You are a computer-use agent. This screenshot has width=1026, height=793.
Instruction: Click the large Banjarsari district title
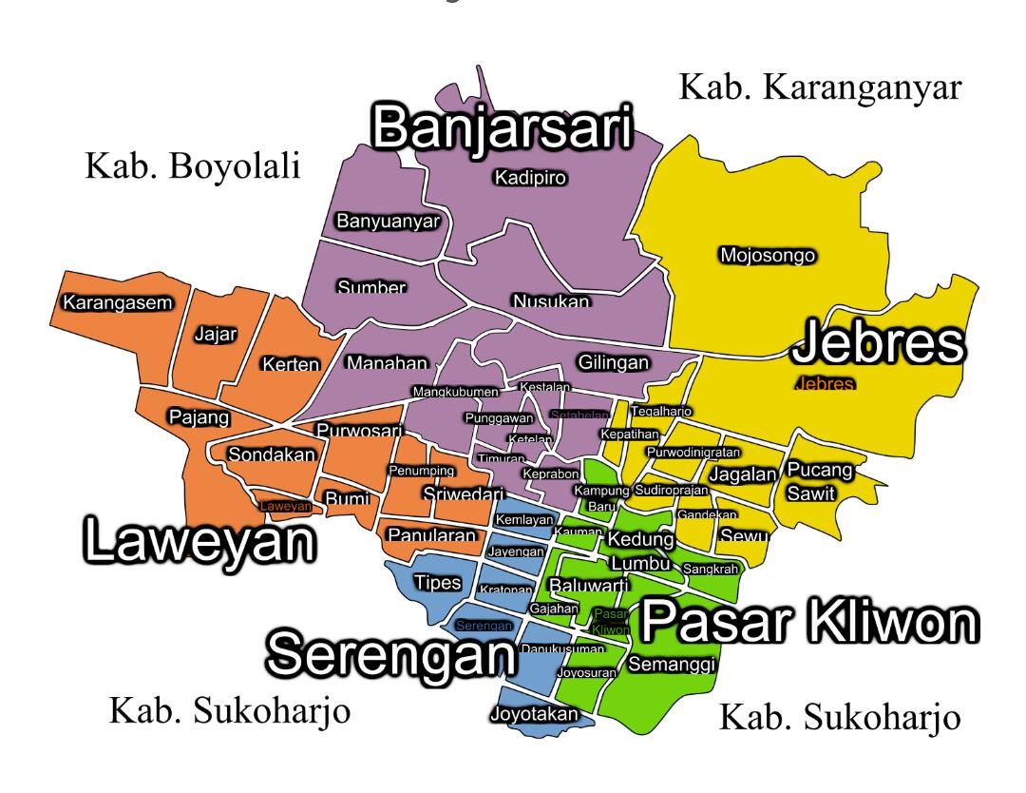tap(501, 130)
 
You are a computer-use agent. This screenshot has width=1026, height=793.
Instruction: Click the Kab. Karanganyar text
tap(821, 87)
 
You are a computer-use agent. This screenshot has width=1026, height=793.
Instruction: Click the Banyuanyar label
tap(390, 222)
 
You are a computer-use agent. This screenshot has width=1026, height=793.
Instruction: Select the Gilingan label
tap(613, 363)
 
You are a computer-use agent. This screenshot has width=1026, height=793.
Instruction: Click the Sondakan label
tap(271, 455)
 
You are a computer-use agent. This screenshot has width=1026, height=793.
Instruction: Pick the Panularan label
tap(430, 536)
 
